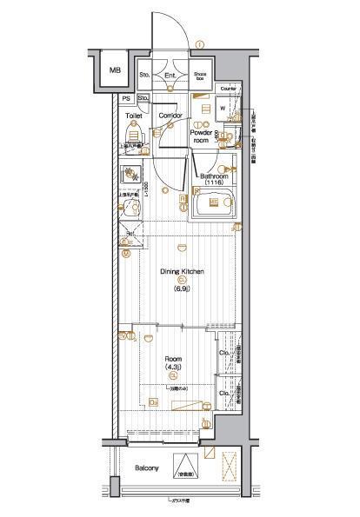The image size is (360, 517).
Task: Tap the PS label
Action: pyautogui.click(x=127, y=98)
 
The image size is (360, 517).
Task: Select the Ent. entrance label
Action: pyautogui.click(x=171, y=75)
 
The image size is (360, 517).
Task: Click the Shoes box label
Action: pyautogui.click(x=200, y=76)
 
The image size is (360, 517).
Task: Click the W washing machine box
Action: pyautogui.click(x=223, y=109)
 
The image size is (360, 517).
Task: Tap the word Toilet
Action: pyautogui.click(x=133, y=115)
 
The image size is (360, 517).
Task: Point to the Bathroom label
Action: pyautogui.click(x=213, y=176)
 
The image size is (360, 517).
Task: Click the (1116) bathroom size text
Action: pyautogui.click(x=214, y=183)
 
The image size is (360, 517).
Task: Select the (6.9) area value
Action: pyautogui.click(x=182, y=287)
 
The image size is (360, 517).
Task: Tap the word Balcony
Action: pyautogui.click(x=147, y=469)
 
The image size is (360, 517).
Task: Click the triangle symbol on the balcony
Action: pyautogui.click(x=185, y=464)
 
